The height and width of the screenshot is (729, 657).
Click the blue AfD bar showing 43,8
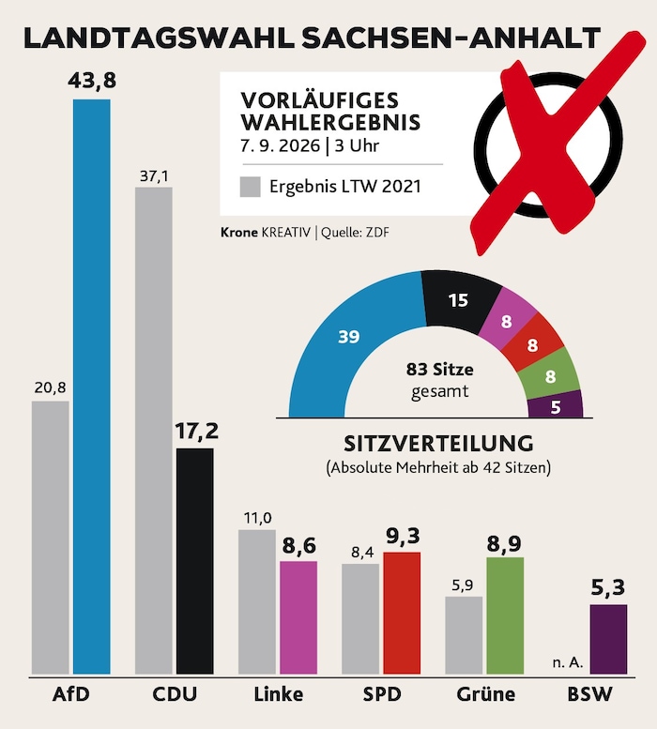point(92,387)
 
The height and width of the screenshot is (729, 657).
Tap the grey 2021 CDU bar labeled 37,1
point(153,431)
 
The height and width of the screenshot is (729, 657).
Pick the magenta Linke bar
point(298,617)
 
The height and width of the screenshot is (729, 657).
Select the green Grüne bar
point(505,615)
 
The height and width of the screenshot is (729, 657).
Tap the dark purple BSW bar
point(608,639)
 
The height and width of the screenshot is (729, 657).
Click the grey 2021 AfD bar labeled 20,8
point(51,538)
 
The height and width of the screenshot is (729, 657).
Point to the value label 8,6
point(299,545)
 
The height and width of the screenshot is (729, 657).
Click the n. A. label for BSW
point(568,662)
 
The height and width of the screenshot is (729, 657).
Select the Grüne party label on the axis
point(486,694)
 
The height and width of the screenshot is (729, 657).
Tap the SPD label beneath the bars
point(382,694)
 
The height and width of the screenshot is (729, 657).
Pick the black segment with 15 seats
point(459,300)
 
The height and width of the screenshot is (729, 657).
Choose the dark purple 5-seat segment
point(556,405)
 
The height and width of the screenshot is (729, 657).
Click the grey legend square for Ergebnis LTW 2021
point(251,187)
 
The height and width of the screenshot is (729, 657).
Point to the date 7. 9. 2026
point(280,145)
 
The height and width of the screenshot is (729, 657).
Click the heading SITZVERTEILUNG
point(438,444)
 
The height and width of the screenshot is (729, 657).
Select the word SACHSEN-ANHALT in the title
point(451,38)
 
